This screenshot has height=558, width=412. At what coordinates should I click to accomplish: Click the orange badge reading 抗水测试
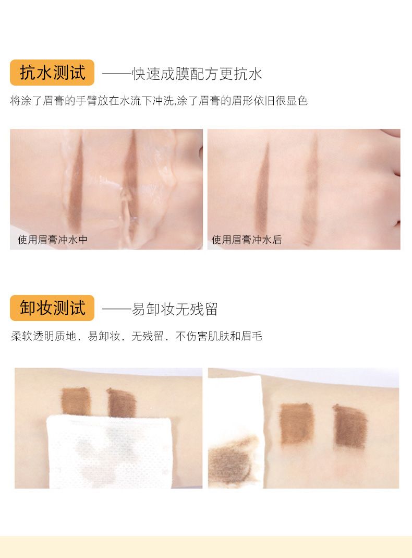52,73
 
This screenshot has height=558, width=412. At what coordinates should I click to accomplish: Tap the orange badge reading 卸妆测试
52,308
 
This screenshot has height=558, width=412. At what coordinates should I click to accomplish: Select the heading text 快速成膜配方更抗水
197,74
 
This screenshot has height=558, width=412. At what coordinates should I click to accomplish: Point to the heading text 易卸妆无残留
175,309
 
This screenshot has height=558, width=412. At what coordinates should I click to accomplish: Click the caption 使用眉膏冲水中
53,240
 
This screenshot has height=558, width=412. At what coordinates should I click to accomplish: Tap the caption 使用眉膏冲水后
247,240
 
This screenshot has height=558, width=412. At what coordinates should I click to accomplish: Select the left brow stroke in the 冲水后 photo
263,191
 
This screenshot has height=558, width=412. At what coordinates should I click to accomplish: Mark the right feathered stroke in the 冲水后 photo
310,191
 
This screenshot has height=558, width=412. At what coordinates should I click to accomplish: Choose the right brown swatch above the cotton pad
121,402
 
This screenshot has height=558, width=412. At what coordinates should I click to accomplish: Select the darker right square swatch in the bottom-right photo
350,426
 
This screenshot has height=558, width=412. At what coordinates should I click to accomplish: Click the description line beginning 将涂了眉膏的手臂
159,101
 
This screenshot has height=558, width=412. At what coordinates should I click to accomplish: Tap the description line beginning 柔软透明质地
137,336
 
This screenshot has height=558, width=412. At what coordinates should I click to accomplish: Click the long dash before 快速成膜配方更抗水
117,74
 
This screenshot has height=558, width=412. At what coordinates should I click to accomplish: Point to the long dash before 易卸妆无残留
117,309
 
